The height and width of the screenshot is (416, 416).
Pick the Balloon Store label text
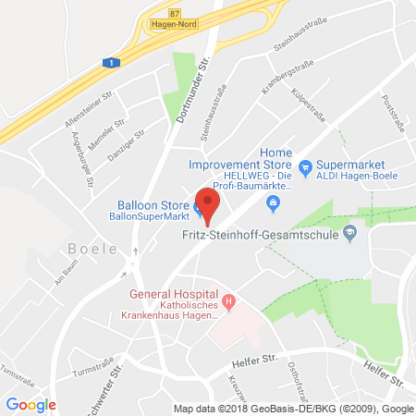[x=150, y=204]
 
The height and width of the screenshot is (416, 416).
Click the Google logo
[x=31, y=404]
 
